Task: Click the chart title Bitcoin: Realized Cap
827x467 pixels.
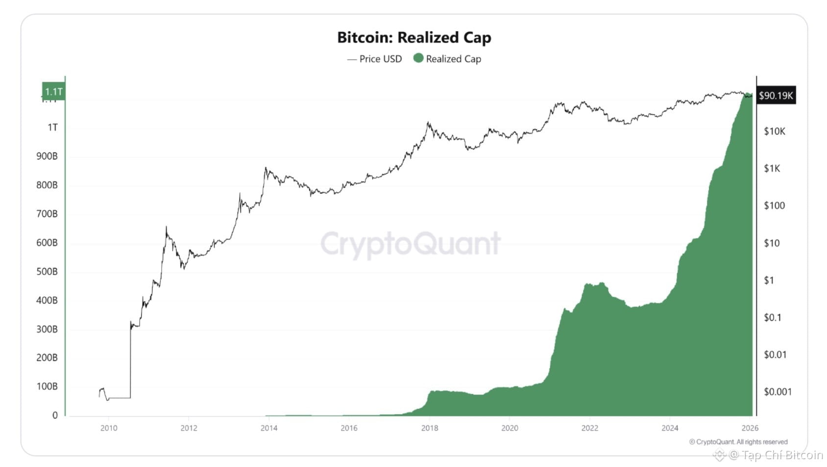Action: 414,38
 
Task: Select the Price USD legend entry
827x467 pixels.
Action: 375,59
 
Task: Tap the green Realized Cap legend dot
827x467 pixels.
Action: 418,58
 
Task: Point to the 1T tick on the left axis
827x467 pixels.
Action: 52,128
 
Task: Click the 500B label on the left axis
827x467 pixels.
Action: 47,272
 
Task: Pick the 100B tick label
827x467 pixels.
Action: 47,387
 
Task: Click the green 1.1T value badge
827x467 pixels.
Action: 53,92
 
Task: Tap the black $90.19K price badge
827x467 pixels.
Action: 776,95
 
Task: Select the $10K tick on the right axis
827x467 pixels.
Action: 775,131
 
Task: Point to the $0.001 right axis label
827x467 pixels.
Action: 778,392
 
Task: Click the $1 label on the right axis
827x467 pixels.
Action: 769,280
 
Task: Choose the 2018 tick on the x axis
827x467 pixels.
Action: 429,428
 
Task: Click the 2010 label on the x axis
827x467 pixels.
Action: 109,428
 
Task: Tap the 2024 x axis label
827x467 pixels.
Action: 670,428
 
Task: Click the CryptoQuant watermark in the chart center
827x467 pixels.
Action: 411,243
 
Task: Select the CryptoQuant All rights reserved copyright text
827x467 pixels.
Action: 738,442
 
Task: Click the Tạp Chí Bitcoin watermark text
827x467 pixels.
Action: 782,455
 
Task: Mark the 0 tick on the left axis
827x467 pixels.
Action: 55,416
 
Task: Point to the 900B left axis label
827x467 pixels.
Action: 47,157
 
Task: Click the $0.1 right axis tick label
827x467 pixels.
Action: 773,318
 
